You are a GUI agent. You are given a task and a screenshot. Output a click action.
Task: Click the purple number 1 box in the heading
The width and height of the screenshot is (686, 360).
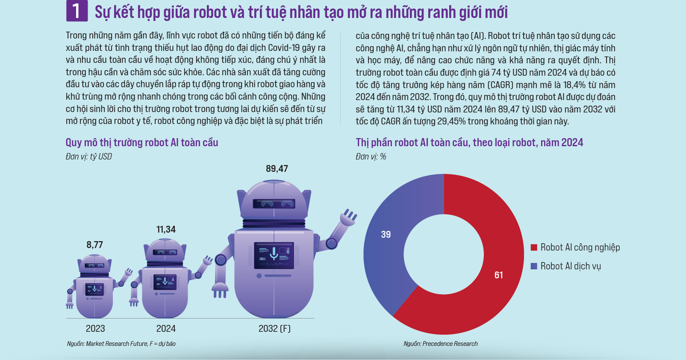[x=77, y=11]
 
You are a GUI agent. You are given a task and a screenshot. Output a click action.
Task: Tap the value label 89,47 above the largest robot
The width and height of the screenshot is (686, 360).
[x=277, y=169]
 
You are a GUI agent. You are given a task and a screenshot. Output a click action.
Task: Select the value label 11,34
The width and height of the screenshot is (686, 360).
[x=166, y=230]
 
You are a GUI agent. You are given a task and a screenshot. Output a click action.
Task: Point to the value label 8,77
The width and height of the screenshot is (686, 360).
[x=95, y=245]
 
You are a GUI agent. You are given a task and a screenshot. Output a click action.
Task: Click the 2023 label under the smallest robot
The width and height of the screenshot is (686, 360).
[x=95, y=328]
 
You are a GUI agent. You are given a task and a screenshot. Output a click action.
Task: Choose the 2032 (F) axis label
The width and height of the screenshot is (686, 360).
[x=274, y=328]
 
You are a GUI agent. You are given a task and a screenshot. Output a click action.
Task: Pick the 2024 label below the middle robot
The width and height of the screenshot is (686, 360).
[x=166, y=328]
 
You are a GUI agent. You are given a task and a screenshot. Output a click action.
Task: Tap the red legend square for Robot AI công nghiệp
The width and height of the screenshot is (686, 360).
[x=534, y=247]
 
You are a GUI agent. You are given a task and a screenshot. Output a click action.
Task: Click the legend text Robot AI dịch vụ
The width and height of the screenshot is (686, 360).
[x=571, y=266]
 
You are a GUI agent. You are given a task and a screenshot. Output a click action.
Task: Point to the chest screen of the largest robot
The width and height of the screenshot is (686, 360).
[x=274, y=255]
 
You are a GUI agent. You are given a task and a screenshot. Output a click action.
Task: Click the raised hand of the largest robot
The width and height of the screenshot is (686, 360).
[x=348, y=216]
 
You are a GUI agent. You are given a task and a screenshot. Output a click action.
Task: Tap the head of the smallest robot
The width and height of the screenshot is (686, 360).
[x=94, y=263]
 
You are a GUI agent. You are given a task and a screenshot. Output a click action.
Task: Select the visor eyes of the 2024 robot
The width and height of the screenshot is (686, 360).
[x=165, y=252]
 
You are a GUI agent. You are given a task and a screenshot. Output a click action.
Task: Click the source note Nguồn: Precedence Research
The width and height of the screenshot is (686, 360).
[x=440, y=344]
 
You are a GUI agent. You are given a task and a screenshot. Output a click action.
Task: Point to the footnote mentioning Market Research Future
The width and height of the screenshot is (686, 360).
[x=121, y=344]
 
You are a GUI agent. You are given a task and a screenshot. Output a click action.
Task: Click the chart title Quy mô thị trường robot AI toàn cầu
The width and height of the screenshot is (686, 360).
[x=142, y=142]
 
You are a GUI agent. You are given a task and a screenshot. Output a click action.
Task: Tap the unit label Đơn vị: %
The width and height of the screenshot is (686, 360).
[x=371, y=156]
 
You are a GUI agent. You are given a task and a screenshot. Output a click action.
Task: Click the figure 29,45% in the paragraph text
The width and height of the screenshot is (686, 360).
[x=451, y=121]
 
